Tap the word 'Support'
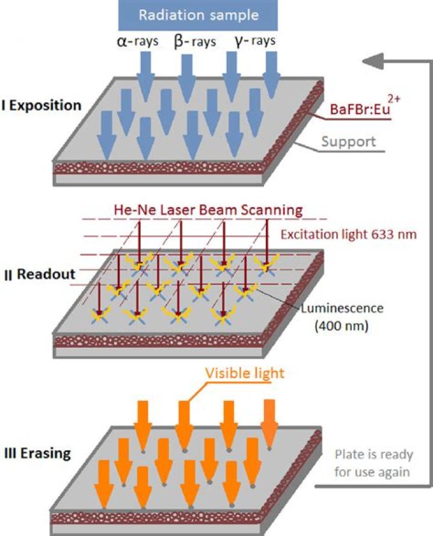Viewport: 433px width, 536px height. (x=348, y=142)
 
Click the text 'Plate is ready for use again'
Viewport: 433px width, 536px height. (x=372, y=464)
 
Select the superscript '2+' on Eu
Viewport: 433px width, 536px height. (x=392, y=98)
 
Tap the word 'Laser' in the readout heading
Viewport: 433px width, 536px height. (x=175, y=210)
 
